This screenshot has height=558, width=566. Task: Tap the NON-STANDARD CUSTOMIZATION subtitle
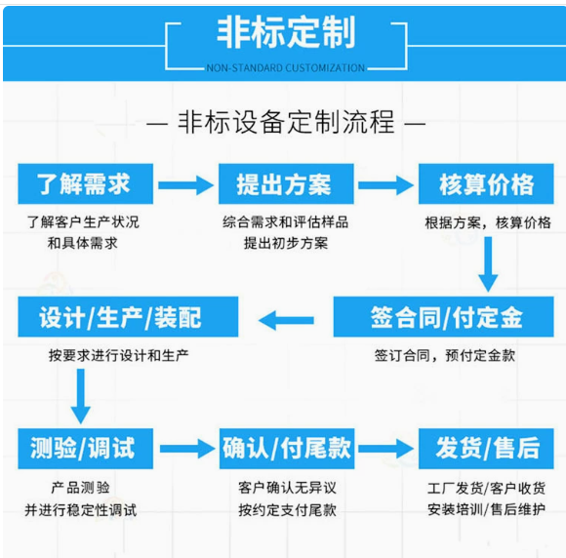coord(286,68)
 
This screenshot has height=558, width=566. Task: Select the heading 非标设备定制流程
coord(286,124)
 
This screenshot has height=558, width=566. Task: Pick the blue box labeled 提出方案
coord(284,183)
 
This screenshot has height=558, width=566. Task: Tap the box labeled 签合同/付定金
coord(446,318)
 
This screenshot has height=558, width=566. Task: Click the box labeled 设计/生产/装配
coord(121,318)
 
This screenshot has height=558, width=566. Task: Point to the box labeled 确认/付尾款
coord(286,449)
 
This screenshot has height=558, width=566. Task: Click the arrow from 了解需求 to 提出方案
coord(185,184)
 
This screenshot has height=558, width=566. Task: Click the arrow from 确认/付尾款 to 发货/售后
coord(386,449)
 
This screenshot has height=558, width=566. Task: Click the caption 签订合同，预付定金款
coord(445,356)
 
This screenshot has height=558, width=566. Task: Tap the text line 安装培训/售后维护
coord(486,509)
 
